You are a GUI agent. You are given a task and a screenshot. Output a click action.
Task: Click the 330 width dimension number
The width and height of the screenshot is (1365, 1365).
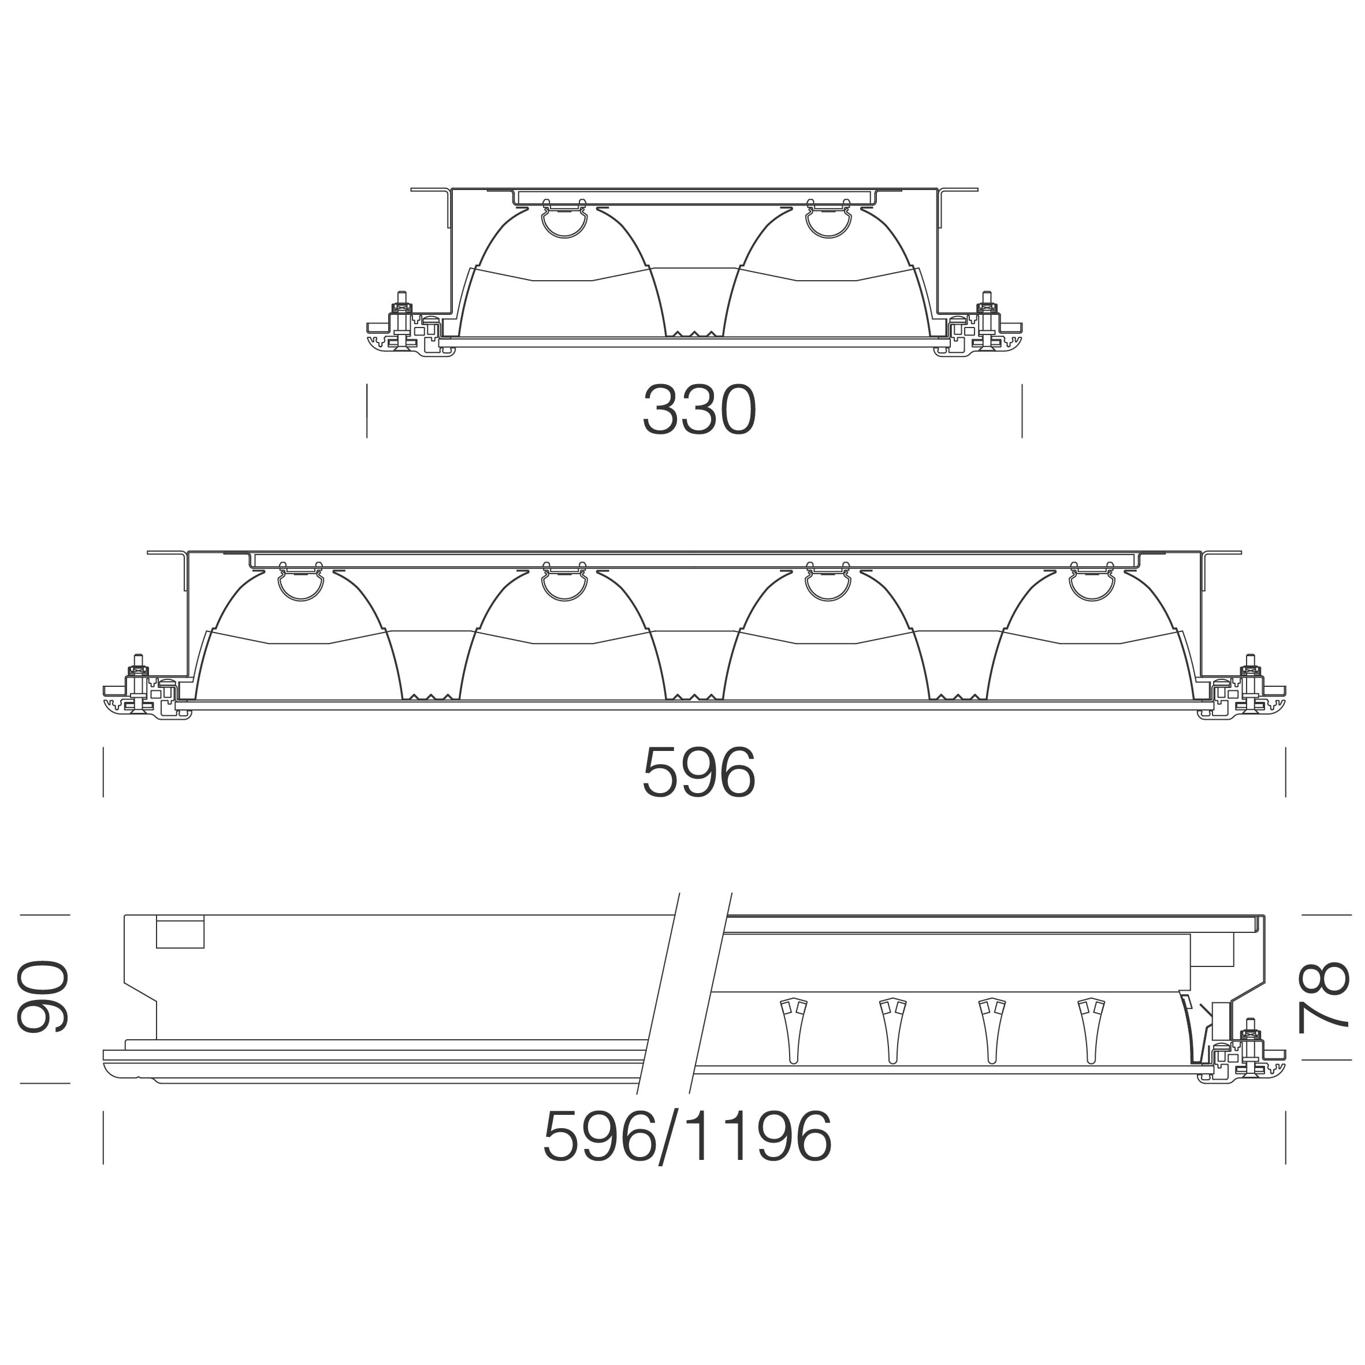coord(699,411)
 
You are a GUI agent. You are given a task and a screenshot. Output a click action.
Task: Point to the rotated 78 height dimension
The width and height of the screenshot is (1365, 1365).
coord(1323,997)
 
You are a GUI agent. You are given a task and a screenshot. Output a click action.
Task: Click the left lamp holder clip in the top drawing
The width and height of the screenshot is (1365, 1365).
coord(563,218)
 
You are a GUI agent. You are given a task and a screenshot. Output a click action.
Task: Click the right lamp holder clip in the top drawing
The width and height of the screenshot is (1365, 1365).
coord(827,218)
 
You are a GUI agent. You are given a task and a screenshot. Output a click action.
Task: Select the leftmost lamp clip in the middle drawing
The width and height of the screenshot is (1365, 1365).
coord(300,582)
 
